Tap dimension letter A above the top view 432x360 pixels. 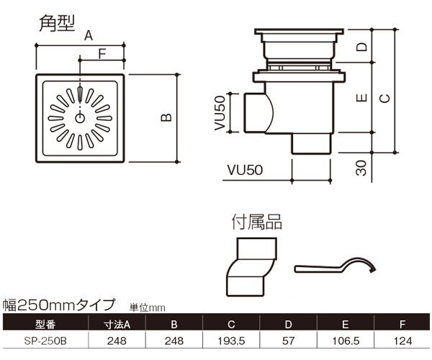point(89,35)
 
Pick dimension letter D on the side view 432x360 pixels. point(362,50)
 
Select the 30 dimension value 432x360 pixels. point(362,168)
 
